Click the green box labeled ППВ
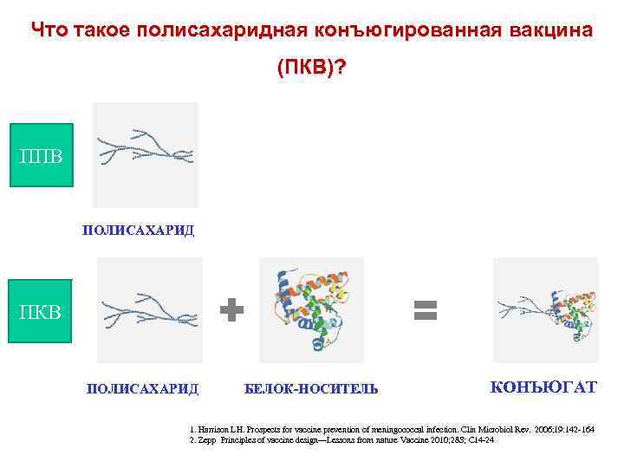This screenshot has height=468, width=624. pos(41,155)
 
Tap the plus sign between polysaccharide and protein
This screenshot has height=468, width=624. pos(231,310)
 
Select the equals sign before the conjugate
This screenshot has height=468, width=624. pos(425,310)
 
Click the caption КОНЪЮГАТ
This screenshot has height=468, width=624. pos(543,387)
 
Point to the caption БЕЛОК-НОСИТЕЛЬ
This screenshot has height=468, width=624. pos(311,389)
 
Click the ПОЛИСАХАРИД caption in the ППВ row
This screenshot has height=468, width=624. pos(138,231)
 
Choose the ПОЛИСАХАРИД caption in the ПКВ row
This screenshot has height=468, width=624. pos(142,389)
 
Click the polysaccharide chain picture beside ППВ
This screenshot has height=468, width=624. pos(146,154)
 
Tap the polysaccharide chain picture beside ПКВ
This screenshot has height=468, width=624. pos(149,309)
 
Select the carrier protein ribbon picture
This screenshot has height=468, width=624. pos(312,309)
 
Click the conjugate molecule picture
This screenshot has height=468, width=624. pos(545,309)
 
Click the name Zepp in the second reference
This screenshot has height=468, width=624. pos(206,440)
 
